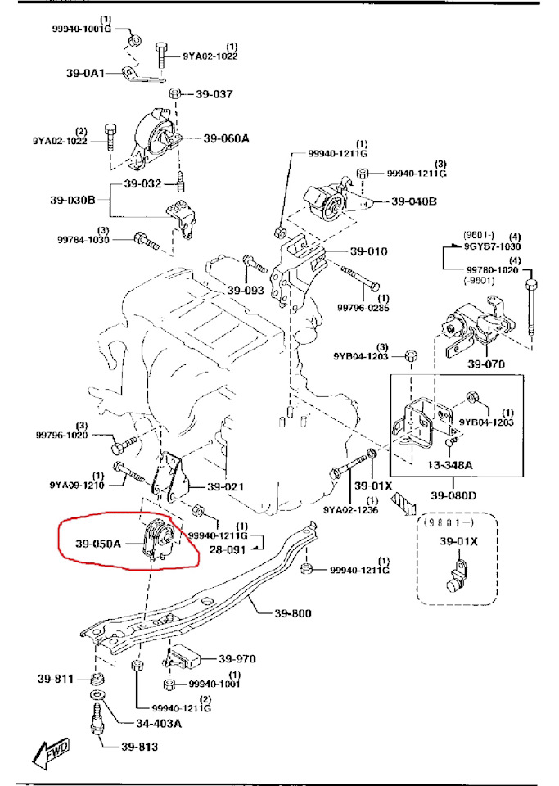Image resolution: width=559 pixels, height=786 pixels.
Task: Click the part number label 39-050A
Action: click(x=98, y=542)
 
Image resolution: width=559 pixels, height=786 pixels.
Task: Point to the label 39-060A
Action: click(x=226, y=138)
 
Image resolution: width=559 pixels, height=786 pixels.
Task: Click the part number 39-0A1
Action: click(x=85, y=73)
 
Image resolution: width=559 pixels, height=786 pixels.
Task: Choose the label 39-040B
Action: click(x=414, y=201)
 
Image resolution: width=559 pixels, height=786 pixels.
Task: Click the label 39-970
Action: click(x=237, y=658)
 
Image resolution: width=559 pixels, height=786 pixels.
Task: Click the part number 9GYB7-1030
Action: click(x=493, y=246)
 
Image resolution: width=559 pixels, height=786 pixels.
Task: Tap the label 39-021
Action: click(x=225, y=487)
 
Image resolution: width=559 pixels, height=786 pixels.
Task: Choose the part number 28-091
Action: click(x=228, y=549)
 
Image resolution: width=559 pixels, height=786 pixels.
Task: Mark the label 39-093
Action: click(x=246, y=290)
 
